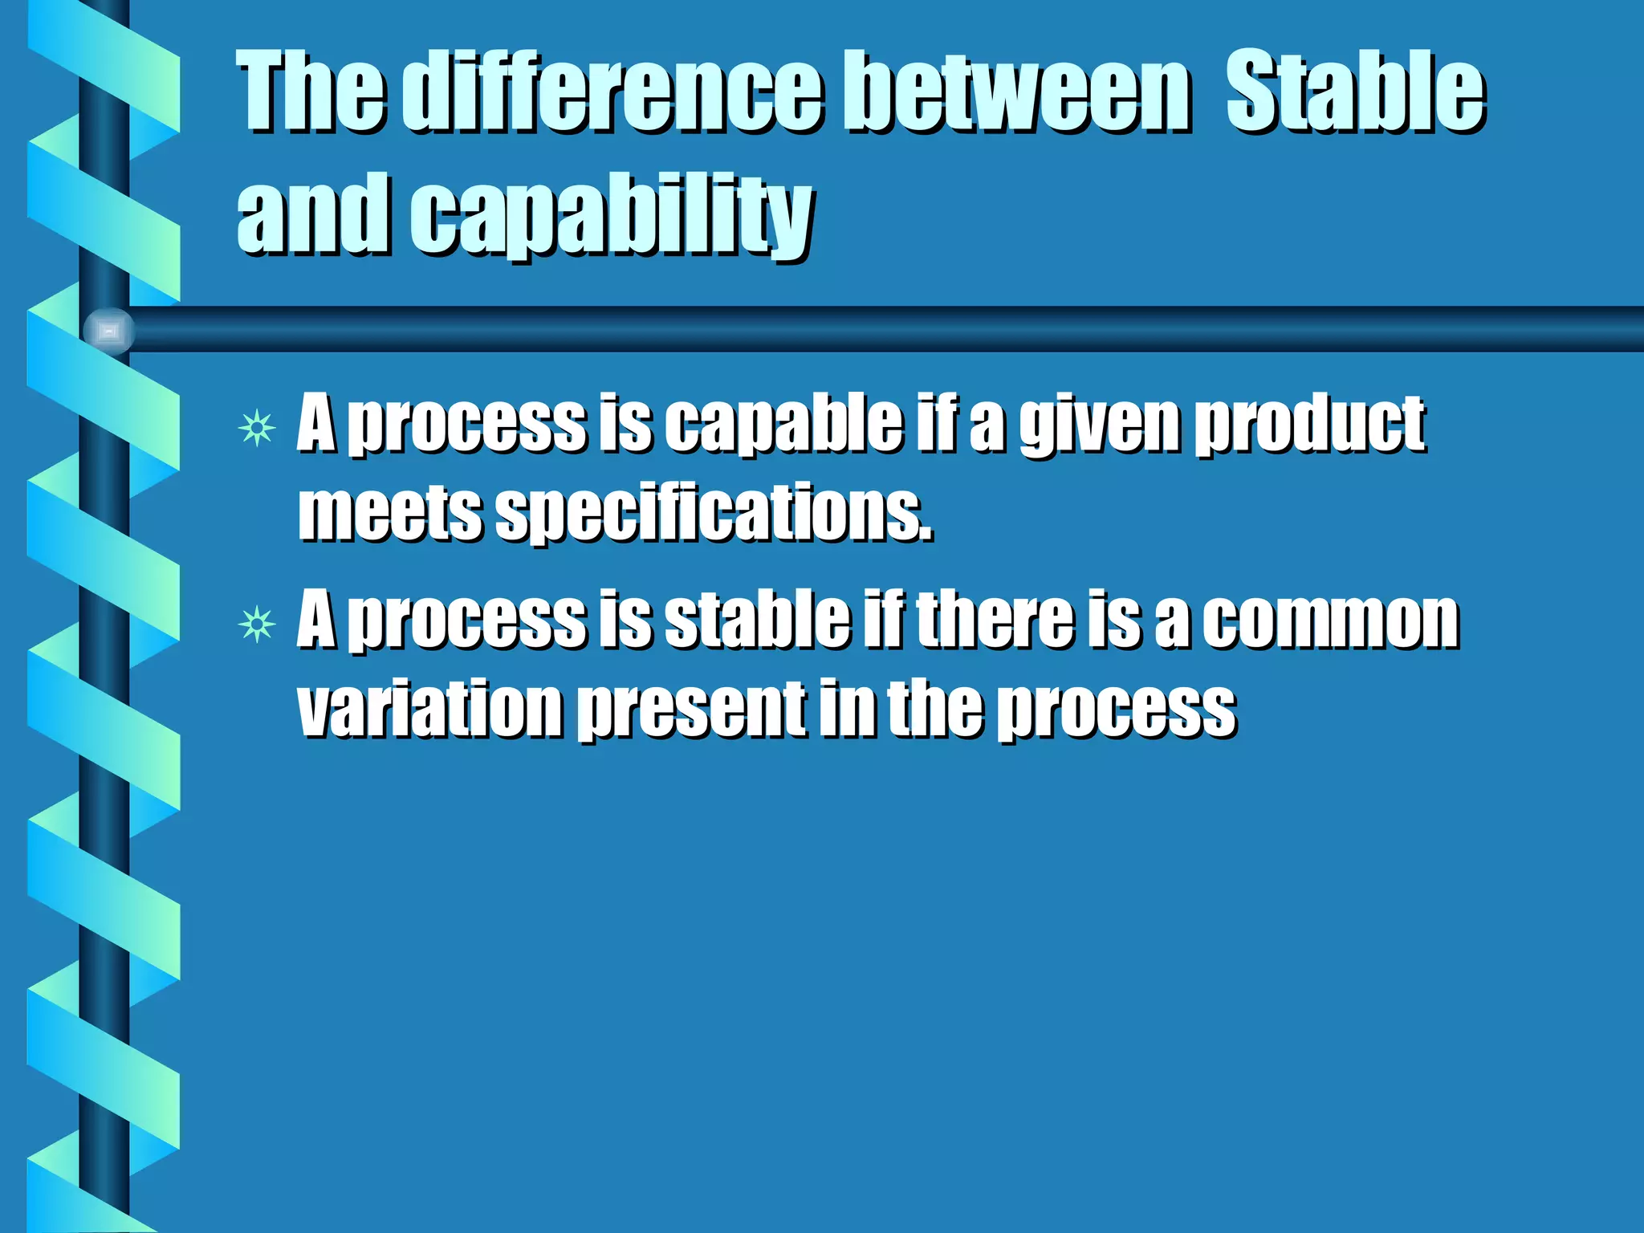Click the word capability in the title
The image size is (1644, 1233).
[612, 215]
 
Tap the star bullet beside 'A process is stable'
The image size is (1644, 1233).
[257, 624]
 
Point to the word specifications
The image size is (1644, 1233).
[714, 514]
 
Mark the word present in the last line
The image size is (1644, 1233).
[692, 710]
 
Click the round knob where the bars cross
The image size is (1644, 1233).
[108, 331]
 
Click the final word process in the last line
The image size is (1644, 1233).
[1116, 710]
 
